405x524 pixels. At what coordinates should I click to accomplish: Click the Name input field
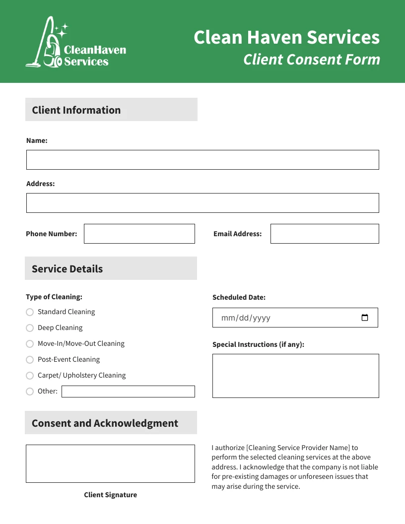[x=202, y=160]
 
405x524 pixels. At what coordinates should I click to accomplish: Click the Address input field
[x=202, y=203]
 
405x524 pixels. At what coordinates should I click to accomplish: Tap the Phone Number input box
[x=139, y=234]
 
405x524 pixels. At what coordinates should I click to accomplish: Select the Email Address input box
[x=325, y=234]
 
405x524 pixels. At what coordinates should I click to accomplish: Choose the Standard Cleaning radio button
[x=30, y=312]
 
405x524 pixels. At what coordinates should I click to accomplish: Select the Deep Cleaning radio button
[x=30, y=328]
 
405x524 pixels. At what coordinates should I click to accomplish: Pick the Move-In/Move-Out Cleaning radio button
[x=30, y=344]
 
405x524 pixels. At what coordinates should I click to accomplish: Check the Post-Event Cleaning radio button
[x=30, y=360]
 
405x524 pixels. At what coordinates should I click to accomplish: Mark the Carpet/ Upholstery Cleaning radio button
[x=30, y=376]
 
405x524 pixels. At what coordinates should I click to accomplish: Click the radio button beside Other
[x=30, y=392]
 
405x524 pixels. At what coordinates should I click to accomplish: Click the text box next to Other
[x=128, y=392]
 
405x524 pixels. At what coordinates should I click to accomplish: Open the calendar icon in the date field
[x=365, y=318]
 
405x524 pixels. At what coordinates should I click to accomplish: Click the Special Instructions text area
[x=295, y=376]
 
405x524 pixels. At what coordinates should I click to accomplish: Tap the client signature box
[x=110, y=463]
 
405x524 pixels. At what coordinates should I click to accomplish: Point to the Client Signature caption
[x=110, y=495]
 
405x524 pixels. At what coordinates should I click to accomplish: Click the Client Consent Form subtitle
[x=312, y=60]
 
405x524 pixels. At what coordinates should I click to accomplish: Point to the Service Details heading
[x=67, y=269]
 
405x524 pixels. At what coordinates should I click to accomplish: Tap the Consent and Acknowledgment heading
[x=105, y=423]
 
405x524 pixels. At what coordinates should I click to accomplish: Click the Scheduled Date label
[x=239, y=297]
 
